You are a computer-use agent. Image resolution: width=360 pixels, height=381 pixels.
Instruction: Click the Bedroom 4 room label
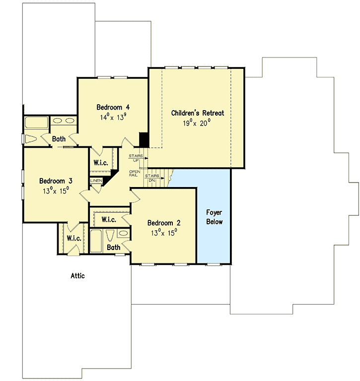click(x=113, y=107)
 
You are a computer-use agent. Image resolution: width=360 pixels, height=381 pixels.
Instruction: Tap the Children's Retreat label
click(x=198, y=113)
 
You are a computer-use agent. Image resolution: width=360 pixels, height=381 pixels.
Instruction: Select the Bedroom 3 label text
click(x=56, y=181)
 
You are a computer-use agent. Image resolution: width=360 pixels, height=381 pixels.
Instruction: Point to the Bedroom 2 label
click(x=164, y=223)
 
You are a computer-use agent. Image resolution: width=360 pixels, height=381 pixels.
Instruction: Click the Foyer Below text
click(x=215, y=217)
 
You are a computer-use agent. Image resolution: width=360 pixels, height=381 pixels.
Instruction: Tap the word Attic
click(x=77, y=276)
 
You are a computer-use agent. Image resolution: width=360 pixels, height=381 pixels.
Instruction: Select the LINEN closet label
click(x=96, y=181)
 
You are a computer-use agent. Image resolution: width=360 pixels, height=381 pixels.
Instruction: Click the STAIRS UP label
click(x=136, y=158)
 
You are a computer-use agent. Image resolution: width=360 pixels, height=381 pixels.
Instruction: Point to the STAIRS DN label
click(x=152, y=178)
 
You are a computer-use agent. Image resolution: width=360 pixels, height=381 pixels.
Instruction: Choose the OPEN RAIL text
click(x=135, y=173)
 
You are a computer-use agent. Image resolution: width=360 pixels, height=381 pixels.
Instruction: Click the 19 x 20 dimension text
click(x=197, y=123)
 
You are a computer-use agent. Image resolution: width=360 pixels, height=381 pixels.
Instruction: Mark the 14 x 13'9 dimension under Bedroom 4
click(x=113, y=118)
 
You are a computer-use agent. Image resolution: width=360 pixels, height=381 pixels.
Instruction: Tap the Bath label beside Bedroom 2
click(x=114, y=248)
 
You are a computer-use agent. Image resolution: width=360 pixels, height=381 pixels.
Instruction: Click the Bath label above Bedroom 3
click(x=59, y=139)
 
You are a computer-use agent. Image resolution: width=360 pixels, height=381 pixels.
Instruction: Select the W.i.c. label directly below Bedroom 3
click(x=74, y=238)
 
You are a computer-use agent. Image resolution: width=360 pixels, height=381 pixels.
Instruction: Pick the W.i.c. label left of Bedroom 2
click(x=109, y=220)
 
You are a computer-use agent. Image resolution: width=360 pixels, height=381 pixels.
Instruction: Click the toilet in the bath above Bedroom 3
click(x=31, y=139)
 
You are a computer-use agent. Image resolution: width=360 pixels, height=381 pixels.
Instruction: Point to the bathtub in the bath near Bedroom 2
click(x=96, y=241)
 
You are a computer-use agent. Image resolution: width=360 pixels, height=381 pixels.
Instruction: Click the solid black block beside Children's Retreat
click(x=144, y=140)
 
